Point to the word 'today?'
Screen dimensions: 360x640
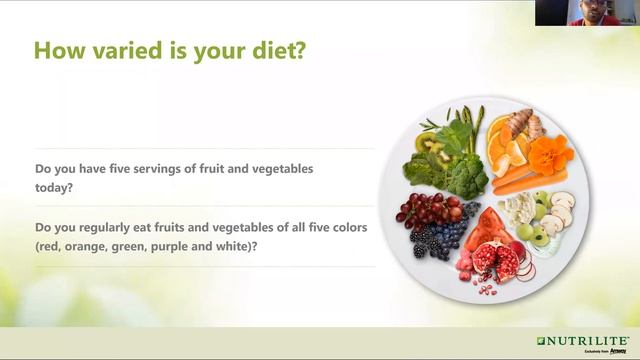[57, 187]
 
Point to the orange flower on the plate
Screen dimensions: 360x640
[549, 156]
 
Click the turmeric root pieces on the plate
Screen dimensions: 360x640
[525, 126]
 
